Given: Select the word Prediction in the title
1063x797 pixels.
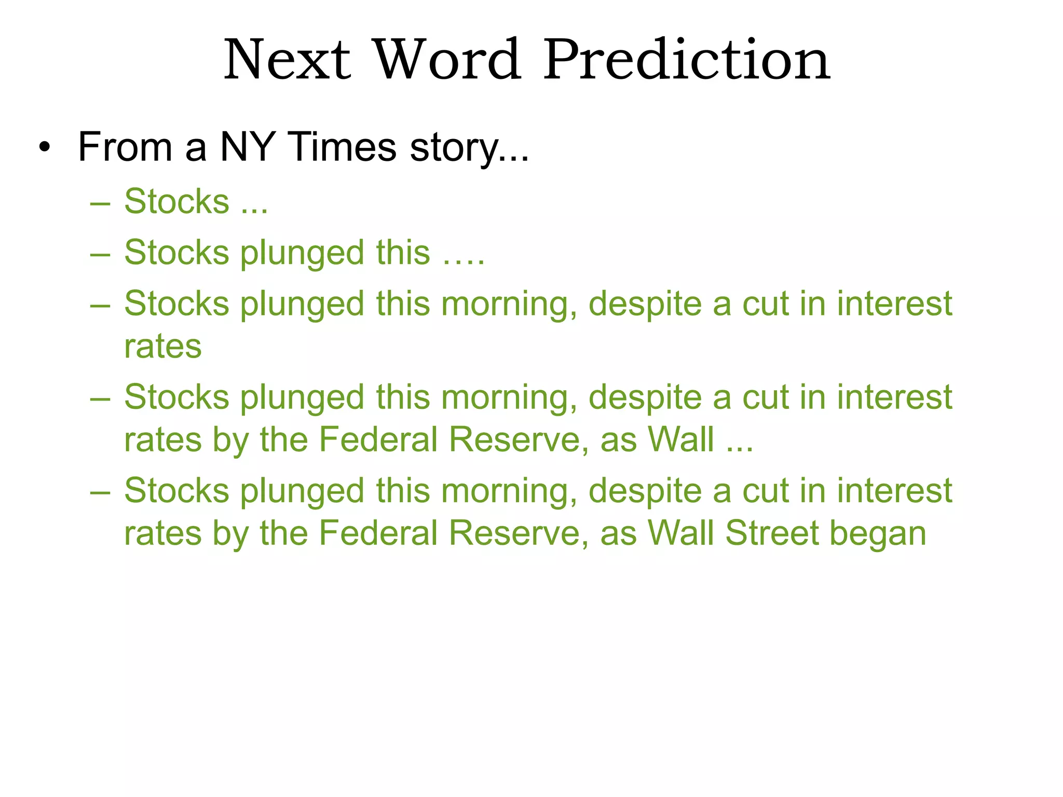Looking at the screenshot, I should [x=687, y=61].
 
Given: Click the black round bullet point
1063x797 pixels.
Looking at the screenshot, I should [x=45, y=147].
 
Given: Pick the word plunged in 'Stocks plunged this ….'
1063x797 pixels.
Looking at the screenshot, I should [x=302, y=253].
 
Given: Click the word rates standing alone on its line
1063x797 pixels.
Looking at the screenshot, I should [x=162, y=347].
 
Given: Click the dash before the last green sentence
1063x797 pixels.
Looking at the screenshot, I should [x=100, y=492].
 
